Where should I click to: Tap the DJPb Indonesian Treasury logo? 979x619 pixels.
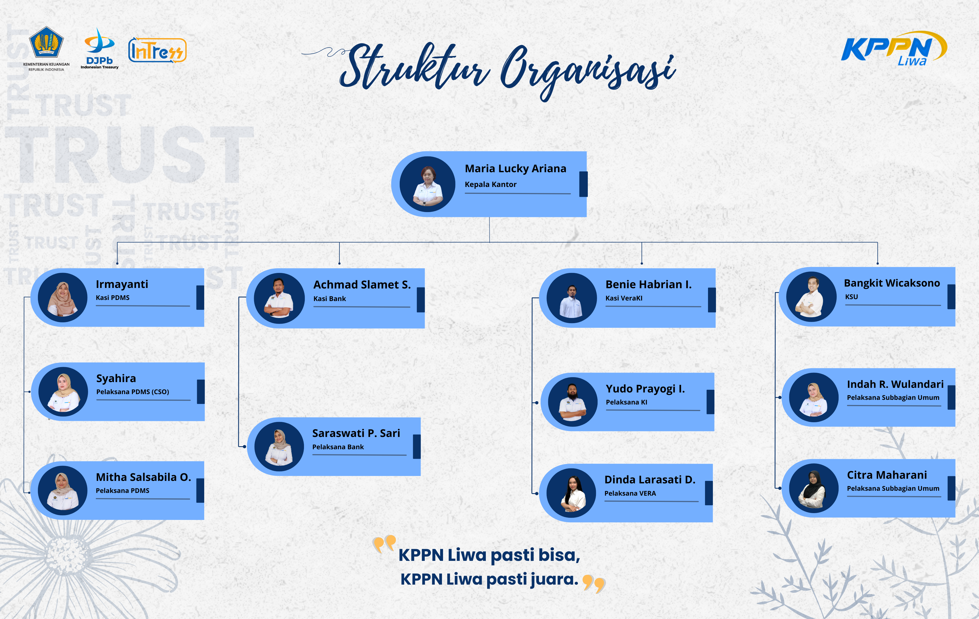click(99, 48)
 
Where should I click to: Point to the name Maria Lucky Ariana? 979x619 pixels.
click(515, 168)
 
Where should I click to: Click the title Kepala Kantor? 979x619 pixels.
click(490, 184)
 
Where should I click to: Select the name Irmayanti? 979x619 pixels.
click(122, 284)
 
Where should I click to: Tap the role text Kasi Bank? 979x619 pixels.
click(329, 299)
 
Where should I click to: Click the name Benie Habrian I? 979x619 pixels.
click(648, 284)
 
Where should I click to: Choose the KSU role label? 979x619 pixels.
click(851, 297)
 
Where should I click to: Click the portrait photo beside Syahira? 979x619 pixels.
click(63, 391)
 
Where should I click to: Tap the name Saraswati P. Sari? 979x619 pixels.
click(356, 433)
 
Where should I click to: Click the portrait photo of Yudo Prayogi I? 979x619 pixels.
click(573, 402)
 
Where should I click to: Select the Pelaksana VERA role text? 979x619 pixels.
click(630, 493)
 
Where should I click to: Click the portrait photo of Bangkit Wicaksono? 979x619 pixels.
click(811, 297)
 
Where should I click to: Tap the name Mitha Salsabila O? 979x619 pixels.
click(143, 477)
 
